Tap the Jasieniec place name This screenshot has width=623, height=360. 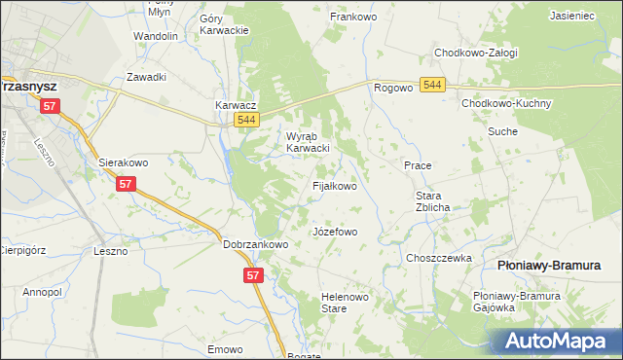click(x=572, y=17)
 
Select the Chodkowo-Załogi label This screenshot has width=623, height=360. click(x=475, y=53)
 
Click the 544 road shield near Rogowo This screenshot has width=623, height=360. click(x=433, y=87)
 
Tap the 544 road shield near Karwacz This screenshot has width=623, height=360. click(x=246, y=120)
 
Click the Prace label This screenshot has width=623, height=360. click(x=418, y=165)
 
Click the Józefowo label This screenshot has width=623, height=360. click(x=335, y=233)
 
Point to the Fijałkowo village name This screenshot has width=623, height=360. click(x=333, y=185)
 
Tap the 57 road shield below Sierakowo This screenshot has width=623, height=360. click(x=125, y=183)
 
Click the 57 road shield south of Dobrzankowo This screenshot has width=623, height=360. click(x=252, y=276)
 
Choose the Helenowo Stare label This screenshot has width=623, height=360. click(x=335, y=304)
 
